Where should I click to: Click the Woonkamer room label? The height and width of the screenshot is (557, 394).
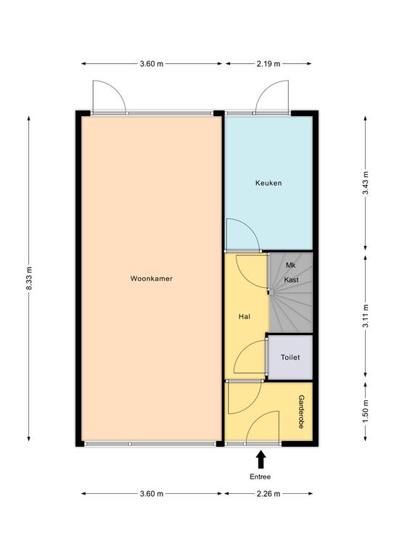click(x=152, y=278)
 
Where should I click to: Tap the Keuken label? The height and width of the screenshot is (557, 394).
click(x=268, y=183)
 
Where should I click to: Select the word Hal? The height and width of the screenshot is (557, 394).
click(x=245, y=316)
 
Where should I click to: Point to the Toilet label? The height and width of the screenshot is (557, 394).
click(x=290, y=358)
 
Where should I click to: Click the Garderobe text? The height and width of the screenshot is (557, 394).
click(x=301, y=412)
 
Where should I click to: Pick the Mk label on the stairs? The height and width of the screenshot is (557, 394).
click(x=291, y=265)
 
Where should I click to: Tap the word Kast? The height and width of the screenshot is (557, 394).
click(x=291, y=279)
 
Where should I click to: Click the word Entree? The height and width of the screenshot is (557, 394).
click(x=260, y=476)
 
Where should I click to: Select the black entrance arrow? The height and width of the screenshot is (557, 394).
click(x=261, y=459)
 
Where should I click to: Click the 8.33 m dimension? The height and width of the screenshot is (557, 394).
click(x=29, y=278)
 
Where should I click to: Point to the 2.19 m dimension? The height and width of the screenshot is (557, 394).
click(x=268, y=64)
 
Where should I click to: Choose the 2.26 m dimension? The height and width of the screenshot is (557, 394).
click(x=268, y=494)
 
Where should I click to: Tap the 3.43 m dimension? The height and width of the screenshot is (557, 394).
click(x=365, y=183)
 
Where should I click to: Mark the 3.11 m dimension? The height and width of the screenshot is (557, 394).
click(x=365, y=315)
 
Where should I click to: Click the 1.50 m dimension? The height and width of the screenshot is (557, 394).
click(x=365, y=412)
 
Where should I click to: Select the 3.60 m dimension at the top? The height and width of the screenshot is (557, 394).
click(x=152, y=64)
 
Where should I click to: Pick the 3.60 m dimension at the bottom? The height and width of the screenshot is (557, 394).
click(x=152, y=494)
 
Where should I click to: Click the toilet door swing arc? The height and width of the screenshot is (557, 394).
click(x=244, y=349)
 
